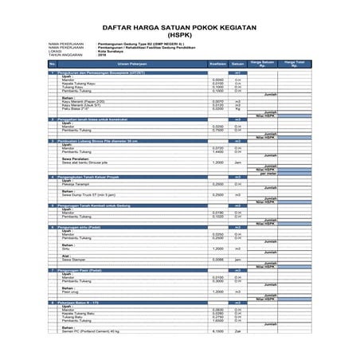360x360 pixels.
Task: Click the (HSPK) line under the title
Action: coord(179,34)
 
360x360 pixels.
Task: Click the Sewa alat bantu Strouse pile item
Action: coord(90,162)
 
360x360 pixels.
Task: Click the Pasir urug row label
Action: coord(72,292)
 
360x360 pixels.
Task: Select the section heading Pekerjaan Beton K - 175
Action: coord(87,303)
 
